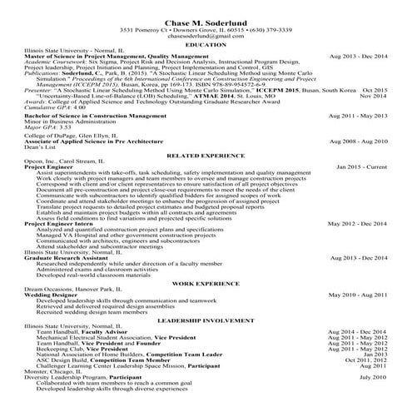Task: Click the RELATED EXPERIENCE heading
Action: point(205,156)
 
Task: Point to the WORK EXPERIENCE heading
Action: point(205,284)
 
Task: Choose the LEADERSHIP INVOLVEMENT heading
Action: point(205,320)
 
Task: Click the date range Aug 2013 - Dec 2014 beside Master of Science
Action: point(358,56)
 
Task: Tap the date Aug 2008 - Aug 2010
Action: point(358,141)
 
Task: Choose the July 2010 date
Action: point(373,377)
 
